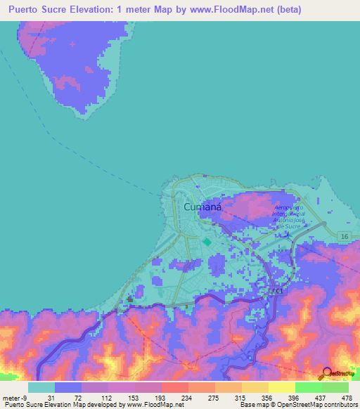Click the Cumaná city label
click(204, 207)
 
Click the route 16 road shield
click(342, 235)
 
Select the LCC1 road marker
click(279, 290)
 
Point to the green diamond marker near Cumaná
click(207, 242)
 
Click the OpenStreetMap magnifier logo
click(328, 375)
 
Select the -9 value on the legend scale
click(25, 398)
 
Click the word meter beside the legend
click(11, 398)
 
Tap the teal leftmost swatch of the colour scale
click(41, 387)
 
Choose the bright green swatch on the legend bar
click(308, 387)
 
